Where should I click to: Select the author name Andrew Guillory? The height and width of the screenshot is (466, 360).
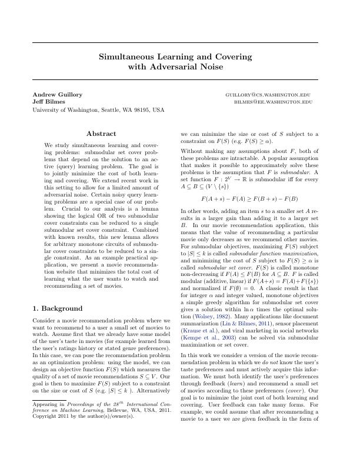[58, 94]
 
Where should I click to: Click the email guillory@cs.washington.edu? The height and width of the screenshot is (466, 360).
[268, 95]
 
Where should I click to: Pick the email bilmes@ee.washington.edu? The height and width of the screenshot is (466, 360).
[272, 102]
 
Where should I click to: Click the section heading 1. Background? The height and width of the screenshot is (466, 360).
[57, 308]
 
